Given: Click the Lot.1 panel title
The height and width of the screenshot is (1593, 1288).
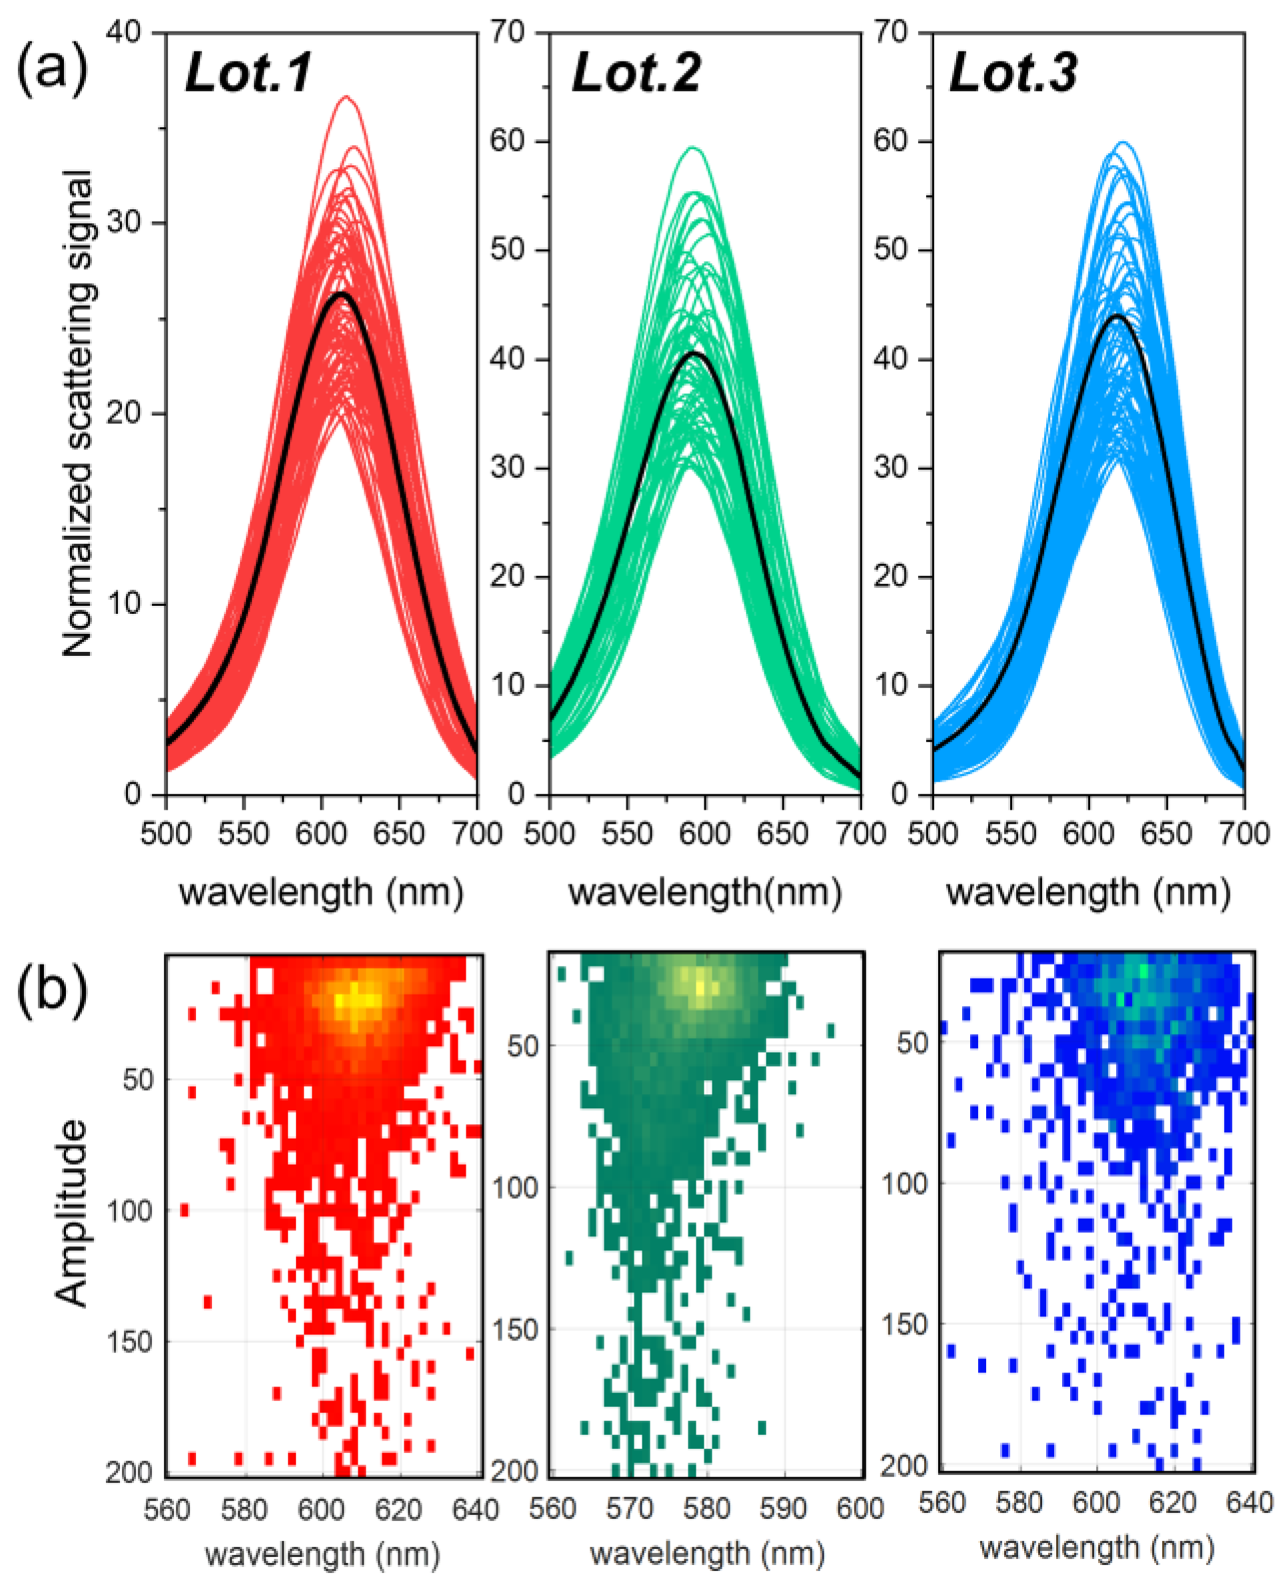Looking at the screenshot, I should pos(249,74).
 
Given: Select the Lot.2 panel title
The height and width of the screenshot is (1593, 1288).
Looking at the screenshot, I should pos(636,74).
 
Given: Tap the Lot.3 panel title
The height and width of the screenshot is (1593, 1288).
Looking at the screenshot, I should pos(1013,74).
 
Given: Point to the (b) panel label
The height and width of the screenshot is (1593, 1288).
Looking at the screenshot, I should pos(52,992).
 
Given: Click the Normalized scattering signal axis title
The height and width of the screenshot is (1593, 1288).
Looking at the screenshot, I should pos(77,413).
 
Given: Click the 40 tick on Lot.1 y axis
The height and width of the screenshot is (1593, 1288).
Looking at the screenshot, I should pos(124,32).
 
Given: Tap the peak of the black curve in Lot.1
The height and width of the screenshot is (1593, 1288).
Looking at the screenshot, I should pos(342,294).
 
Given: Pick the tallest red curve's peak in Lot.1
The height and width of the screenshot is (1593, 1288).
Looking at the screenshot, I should pos(346,97).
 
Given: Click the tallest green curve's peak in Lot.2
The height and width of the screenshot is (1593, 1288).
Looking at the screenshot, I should pos(693,148).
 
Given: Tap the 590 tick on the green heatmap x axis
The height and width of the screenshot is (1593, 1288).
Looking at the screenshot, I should pos(784,1508).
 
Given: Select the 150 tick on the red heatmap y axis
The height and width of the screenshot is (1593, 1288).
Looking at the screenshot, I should pos(129,1342).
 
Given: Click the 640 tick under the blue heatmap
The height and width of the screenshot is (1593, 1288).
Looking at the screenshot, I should pos(1249,1503).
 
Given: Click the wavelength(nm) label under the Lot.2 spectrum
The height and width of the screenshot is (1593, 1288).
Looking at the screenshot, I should pos(705,892).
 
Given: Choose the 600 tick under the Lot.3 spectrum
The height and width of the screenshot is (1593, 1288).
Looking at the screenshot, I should pos(1087,834).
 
